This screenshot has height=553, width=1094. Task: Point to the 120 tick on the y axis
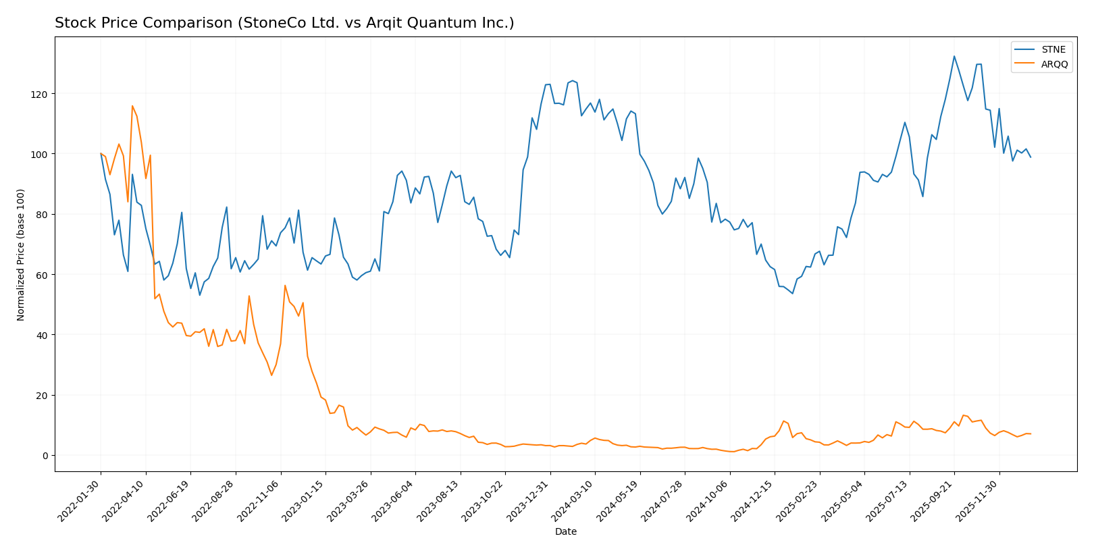pyautogui.click(x=41, y=94)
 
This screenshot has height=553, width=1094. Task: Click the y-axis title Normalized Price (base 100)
pyautogui.click(x=21, y=255)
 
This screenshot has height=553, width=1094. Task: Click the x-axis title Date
pyautogui.click(x=565, y=532)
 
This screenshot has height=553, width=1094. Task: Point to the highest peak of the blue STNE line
pyautogui.click(x=954, y=56)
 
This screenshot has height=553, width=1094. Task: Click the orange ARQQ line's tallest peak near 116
pyautogui.click(x=132, y=105)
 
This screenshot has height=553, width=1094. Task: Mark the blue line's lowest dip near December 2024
pyautogui.click(x=792, y=294)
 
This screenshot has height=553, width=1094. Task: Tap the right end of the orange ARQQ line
pyautogui.click(x=1031, y=434)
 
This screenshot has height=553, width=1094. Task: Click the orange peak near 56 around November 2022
pyautogui.click(x=285, y=285)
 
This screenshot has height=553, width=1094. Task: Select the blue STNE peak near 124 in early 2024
pyautogui.click(x=572, y=80)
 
